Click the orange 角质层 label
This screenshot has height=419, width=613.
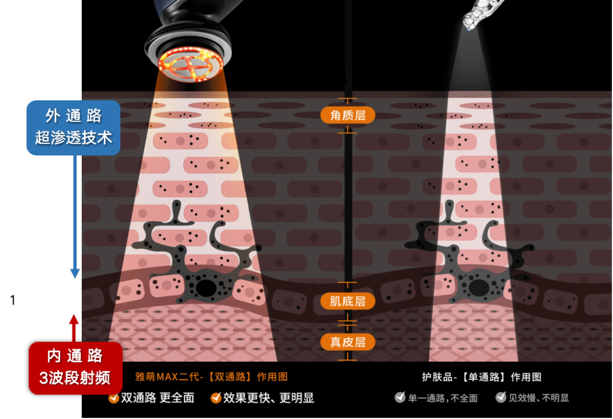pos(347,115)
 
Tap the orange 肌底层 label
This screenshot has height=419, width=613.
pos(347,301)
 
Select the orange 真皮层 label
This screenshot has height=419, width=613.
pos(347,341)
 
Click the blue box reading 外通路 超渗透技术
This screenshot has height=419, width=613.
pos(73,128)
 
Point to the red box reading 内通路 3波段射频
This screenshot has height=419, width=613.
pos(75,367)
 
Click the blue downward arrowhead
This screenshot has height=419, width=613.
pos(75,274)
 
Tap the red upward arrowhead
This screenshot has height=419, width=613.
pos(74,319)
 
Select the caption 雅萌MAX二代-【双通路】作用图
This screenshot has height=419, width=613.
pos(211,376)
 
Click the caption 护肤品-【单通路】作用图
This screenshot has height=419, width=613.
pos(481,376)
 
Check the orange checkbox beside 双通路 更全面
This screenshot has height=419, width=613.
pos(114,398)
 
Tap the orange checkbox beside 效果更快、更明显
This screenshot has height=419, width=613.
pos(216,398)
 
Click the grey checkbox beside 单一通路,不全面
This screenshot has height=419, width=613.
pos(400,397)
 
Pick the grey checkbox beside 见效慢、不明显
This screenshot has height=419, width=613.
pos(501,397)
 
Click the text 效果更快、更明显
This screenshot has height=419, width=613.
pos(268,398)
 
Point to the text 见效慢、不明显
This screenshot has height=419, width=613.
pos(538,398)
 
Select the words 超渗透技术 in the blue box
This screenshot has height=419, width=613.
pos(73,138)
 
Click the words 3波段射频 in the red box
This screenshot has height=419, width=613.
pos(75,378)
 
